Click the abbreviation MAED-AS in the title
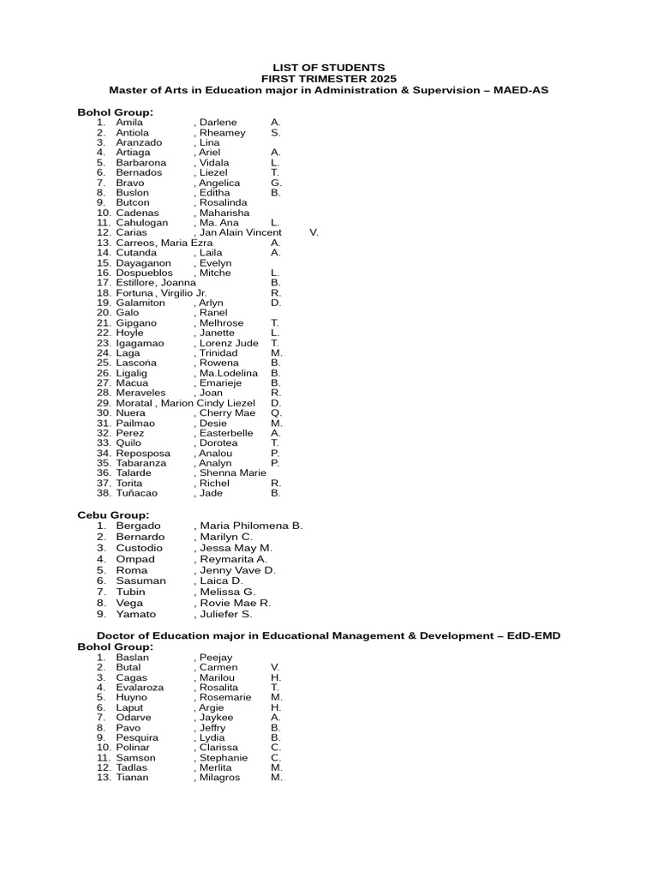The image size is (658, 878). tap(518, 89)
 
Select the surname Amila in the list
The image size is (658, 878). tap(129, 123)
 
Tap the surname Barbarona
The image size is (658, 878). tap(141, 163)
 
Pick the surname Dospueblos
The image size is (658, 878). tap(144, 273)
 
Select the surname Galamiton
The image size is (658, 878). tap(141, 303)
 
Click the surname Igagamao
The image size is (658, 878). tap(140, 343)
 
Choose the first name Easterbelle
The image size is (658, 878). tap(226, 433)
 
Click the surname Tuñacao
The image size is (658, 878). tap(137, 493)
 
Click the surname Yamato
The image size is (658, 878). tap(136, 614)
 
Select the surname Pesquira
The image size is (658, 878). tap(137, 737)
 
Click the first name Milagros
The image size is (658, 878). tap(219, 778)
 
